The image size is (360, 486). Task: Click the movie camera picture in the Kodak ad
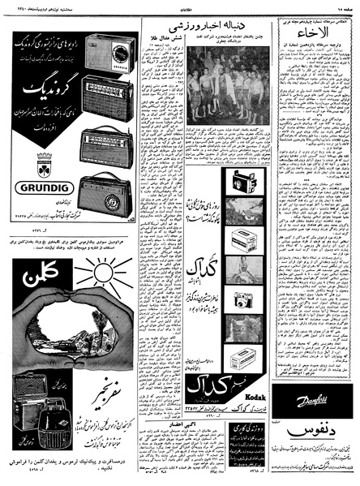click(x=243, y=180)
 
